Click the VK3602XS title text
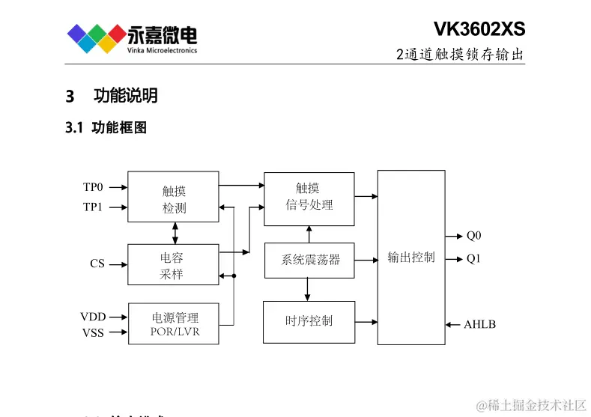coord(479,29)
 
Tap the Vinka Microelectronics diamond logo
coord(96,37)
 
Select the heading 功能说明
coord(125,96)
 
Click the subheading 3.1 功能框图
coord(106,128)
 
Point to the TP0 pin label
coord(93,187)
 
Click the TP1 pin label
coord(93,207)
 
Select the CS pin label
coord(97,264)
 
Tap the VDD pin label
coord(93,317)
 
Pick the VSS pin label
coord(93,333)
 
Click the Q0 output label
coord(473,236)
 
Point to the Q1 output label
coord(473,259)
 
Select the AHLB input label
coord(479,325)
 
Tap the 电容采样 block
coord(173,265)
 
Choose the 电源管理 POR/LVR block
coord(174,323)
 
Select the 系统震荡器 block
coord(309,260)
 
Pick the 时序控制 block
coord(309,321)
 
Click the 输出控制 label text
coord(410,257)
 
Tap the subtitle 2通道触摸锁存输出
coord(460,55)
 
